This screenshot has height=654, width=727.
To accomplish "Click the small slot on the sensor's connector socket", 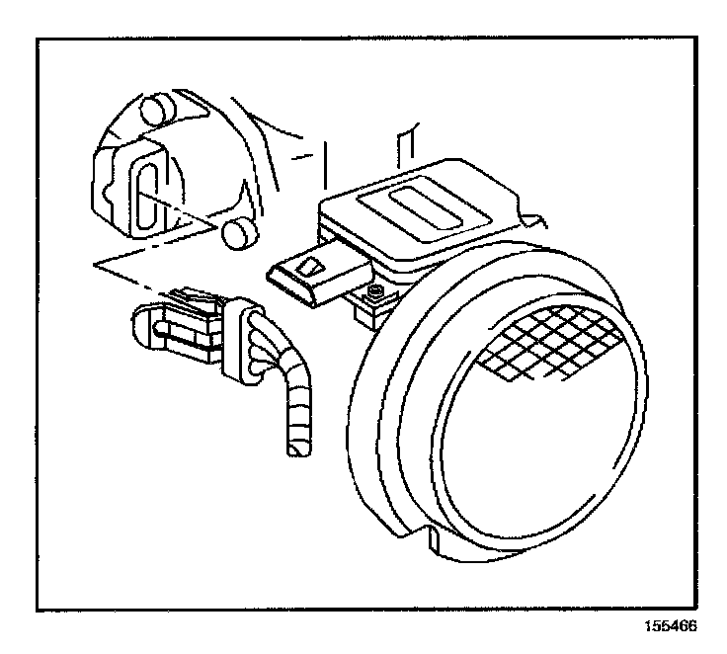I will (310, 266).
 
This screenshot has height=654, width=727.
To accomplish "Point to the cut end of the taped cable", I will (296, 449).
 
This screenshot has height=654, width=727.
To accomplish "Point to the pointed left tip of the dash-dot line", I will (91, 265).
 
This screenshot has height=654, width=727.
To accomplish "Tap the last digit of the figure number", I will (703, 626).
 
